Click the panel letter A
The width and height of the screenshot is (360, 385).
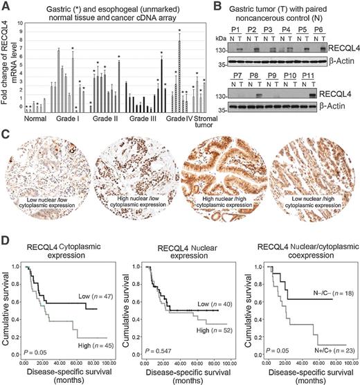[6, 6]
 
